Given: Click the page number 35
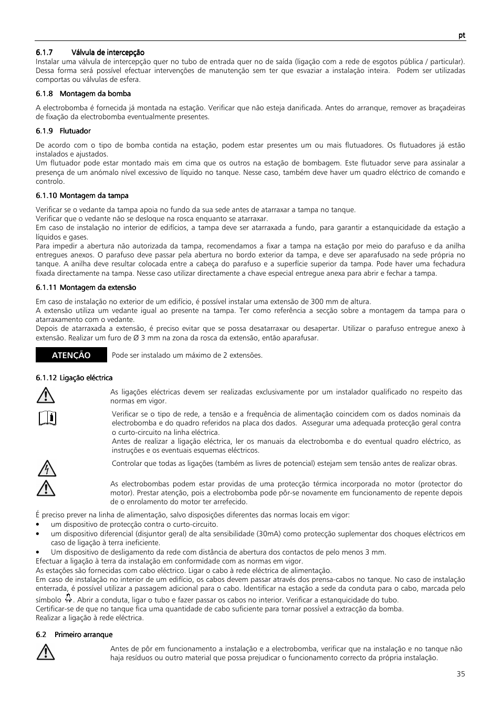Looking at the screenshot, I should [x=461, y=674].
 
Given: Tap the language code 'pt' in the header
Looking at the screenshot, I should [x=461, y=35].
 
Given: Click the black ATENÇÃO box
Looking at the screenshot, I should [x=71, y=355].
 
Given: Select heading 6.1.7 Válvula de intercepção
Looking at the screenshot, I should [x=90, y=53].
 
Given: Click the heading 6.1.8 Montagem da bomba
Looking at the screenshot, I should [x=83, y=93].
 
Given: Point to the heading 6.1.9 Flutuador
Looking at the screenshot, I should [x=63, y=131].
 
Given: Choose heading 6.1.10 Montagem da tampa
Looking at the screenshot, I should [x=82, y=195].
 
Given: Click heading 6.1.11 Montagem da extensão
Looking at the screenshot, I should [x=86, y=287].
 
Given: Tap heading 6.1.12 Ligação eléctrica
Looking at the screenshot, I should [x=74, y=378].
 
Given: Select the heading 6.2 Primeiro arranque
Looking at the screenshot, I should [x=74, y=634].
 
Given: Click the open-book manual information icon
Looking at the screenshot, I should [x=47, y=419].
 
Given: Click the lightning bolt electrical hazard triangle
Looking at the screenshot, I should [x=47, y=468].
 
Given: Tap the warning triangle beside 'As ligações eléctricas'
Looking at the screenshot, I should [x=46, y=395].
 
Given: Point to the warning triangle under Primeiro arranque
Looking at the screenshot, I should [x=46, y=653].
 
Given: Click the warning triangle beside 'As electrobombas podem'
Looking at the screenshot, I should [x=46, y=488].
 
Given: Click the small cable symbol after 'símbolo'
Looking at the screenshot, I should [x=68, y=598].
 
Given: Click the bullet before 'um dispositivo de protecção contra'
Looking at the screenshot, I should [x=38, y=525].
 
